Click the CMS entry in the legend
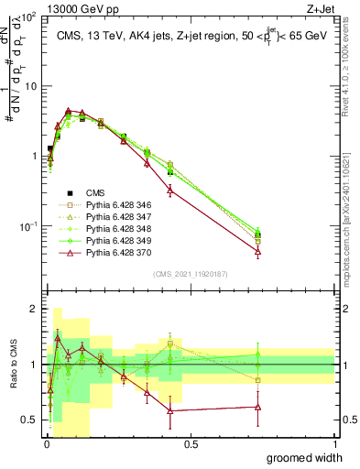[x=95, y=192]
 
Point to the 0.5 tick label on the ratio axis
[x=29, y=420]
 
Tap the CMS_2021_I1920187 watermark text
[x=191, y=273]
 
